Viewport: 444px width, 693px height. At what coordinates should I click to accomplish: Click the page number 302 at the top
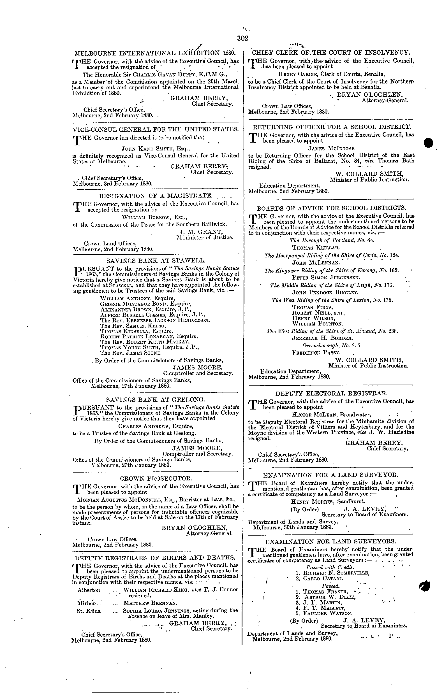point(242,38)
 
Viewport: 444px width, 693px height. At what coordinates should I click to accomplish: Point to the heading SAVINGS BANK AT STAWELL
point(156,261)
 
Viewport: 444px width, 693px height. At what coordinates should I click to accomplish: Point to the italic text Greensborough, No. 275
point(332,345)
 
